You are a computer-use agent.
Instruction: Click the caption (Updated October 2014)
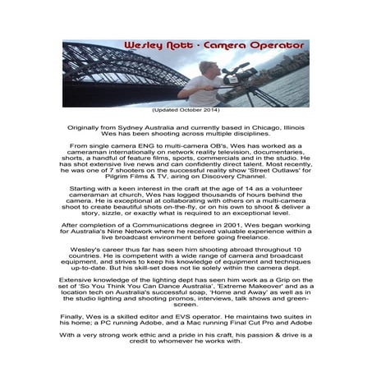pos(186,110)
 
